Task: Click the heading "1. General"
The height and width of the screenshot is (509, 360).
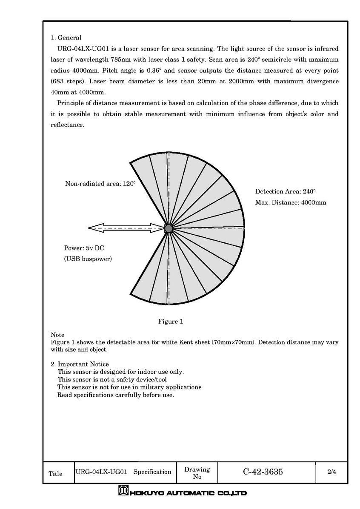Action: click(x=66, y=38)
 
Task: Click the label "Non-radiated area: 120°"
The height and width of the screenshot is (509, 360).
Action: click(x=100, y=184)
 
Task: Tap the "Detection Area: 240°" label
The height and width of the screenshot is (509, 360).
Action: click(x=285, y=191)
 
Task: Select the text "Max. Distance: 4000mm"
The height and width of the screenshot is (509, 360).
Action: click(x=291, y=202)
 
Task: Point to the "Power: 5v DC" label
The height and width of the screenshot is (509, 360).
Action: click(x=84, y=248)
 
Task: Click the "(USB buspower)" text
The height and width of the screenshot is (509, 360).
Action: click(x=88, y=259)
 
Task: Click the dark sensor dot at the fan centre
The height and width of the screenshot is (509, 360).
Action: click(x=169, y=228)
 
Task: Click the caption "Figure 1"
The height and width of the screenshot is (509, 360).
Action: click(x=171, y=321)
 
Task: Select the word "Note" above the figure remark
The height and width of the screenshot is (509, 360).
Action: click(x=57, y=335)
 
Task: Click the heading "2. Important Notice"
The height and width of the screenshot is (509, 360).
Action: click(x=80, y=364)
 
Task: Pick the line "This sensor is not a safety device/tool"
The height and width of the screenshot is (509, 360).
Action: click(x=112, y=379)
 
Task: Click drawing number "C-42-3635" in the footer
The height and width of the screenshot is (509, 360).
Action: click(x=263, y=472)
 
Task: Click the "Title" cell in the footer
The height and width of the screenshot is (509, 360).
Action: click(x=55, y=474)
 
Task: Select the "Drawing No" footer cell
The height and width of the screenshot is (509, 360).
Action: click(x=197, y=473)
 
